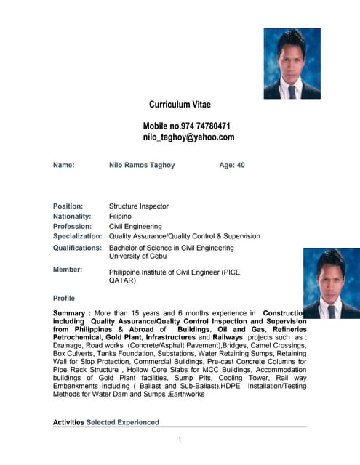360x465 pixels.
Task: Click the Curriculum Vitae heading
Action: [180, 105]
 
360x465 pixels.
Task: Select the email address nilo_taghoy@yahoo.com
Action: [188, 137]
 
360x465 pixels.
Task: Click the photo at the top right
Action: [292, 63]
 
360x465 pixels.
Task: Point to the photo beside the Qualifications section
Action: [331, 283]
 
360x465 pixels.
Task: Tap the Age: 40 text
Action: [232, 166]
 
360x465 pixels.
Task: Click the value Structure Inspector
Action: [138, 206]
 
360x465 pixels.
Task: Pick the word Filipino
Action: [120, 217]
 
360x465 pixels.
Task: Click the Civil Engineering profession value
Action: [135, 227]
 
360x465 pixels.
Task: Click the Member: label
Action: [68, 270]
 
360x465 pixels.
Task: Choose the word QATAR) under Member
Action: [123, 280]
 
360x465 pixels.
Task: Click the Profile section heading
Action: [64, 299]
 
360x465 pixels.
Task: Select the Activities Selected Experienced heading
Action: [106, 422]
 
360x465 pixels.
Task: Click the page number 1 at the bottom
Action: [179, 440]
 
